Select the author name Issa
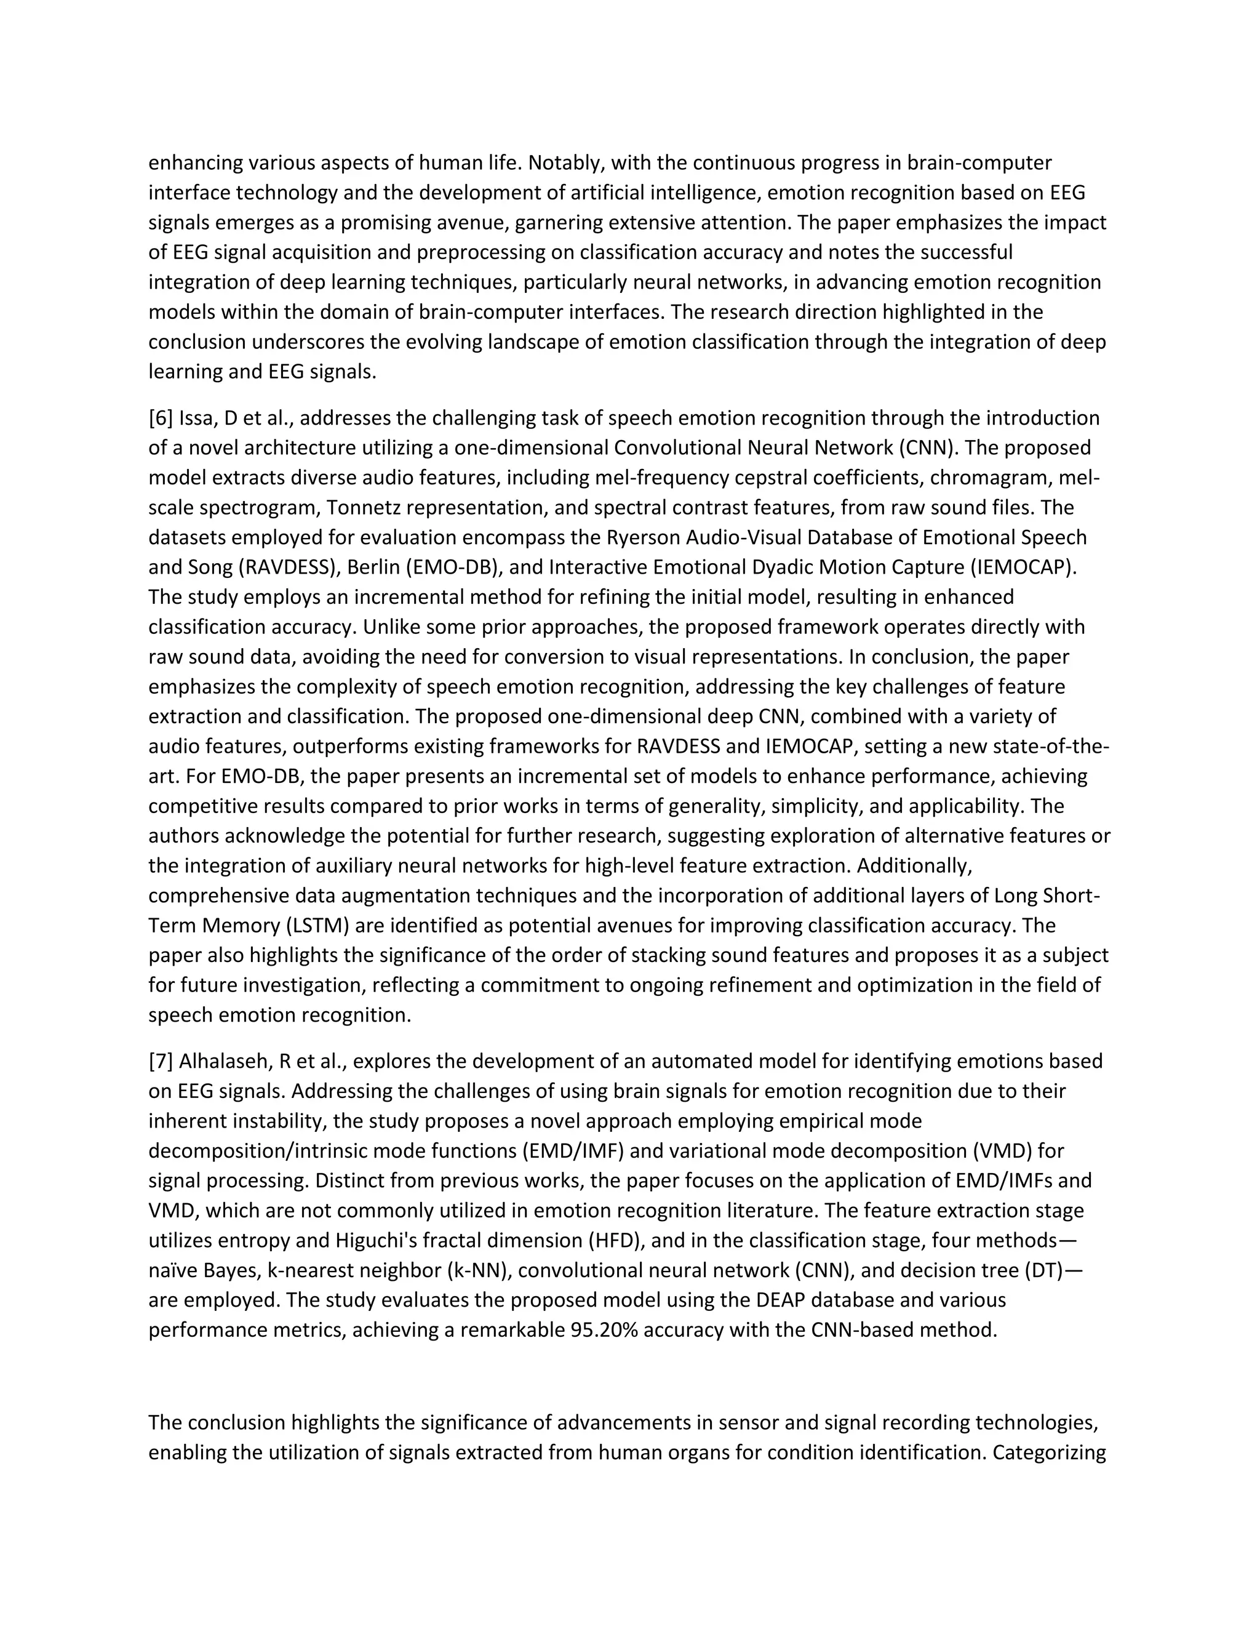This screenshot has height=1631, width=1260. [197, 417]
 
